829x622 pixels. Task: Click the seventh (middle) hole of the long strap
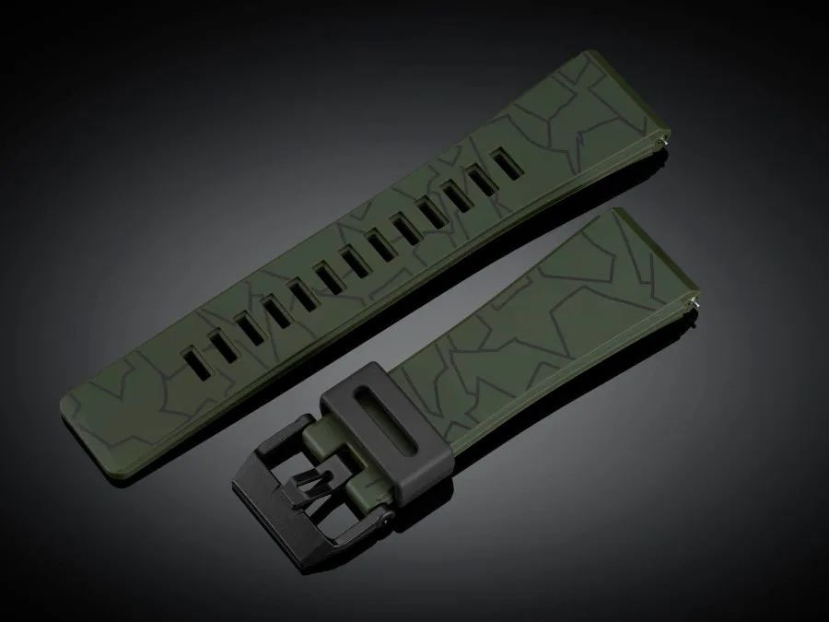tap(355, 257)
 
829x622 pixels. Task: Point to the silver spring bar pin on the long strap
tap(666, 141)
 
